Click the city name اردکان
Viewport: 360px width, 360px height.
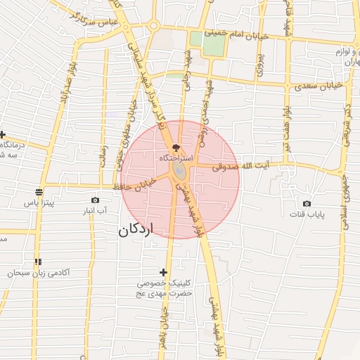[x=136, y=229]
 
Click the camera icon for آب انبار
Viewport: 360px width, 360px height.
[x=96, y=200]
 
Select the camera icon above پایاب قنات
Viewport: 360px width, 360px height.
[x=307, y=203]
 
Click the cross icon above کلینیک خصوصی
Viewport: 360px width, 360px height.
[x=164, y=272]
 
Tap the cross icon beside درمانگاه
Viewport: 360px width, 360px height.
[x=3, y=135]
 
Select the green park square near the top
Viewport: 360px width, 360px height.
[x=214, y=45]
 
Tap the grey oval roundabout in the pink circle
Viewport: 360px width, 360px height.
[x=181, y=171]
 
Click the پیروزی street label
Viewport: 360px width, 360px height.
[x=259, y=64]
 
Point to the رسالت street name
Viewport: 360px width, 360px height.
[x=103, y=154]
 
